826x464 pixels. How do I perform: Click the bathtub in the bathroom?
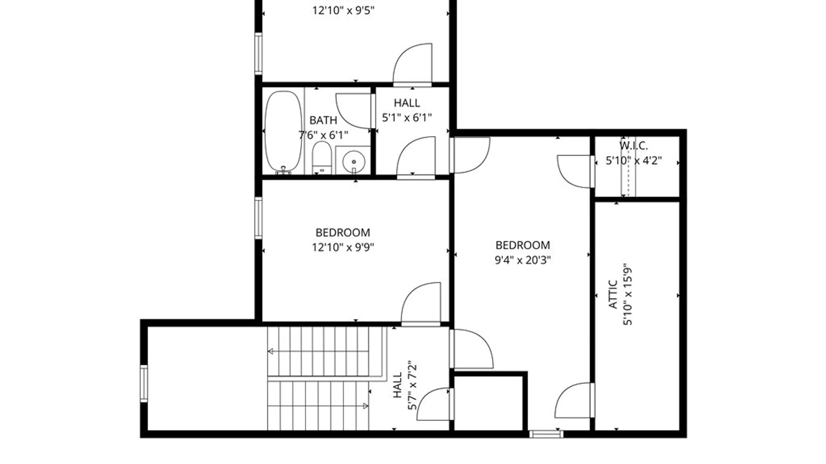[x=283, y=131]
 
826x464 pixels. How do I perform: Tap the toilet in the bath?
[x=321, y=157]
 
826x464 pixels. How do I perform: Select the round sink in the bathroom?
[x=354, y=162]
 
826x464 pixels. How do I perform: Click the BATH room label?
[x=323, y=120]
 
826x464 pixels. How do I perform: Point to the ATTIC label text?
[x=613, y=295]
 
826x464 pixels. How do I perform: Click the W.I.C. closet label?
[x=633, y=146]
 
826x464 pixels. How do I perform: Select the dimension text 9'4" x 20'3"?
[x=523, y=260]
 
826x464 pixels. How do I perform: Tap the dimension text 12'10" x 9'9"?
[x=343, y=247]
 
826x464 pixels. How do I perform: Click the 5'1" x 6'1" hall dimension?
[x=407, y=117]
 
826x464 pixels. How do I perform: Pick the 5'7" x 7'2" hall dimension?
[x=412, y=385]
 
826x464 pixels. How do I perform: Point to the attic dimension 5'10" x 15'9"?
[x=628, y=296]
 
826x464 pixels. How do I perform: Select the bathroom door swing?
[x=354, y=110]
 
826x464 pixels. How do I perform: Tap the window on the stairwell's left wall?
[x=144, y=384]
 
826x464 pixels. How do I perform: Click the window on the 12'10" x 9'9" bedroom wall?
[x=258, y=218]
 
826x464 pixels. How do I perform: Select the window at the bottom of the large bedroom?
[x=546, y=434]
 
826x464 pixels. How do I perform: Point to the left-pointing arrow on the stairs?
[x=271, y=351]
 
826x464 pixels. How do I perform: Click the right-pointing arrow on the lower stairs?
[x=366, y=406]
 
